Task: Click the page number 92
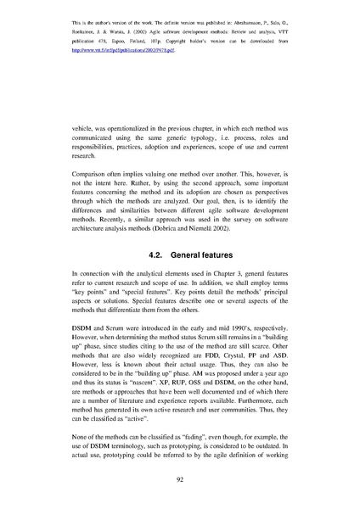tap(180, 478)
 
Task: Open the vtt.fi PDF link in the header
tap(115, 50)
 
